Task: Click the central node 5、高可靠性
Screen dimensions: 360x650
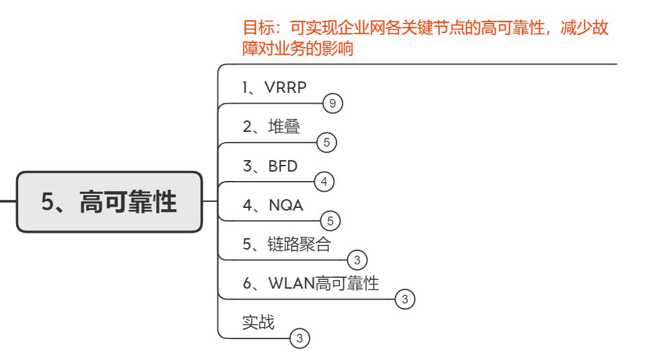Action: click(x=110, y=202)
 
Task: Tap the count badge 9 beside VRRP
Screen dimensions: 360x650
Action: click(x=332, y=104)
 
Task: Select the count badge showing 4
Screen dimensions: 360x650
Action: click(x=324, y=181)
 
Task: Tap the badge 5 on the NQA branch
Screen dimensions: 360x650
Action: click(x=330, y=220)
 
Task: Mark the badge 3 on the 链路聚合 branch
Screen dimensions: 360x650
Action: click(x=357, y=259)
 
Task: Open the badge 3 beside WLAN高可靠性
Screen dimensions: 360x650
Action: click(x=404, y=298)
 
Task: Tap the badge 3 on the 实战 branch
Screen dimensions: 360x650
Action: click(x=299, y=337)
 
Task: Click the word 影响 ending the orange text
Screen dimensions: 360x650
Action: click(x=339, y=50)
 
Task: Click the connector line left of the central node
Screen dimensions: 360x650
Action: click(x=8, y=201)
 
